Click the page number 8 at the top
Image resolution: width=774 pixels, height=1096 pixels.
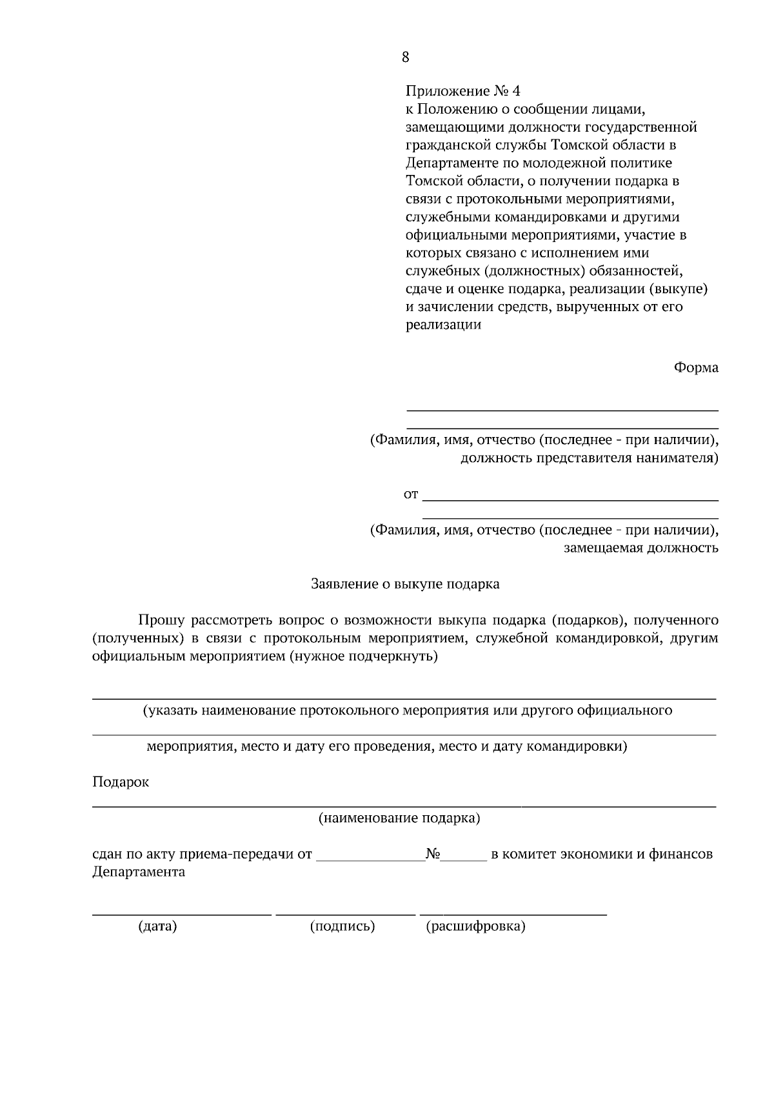[x=405, y=57]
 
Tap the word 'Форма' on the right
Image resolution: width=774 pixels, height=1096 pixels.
[x=696, y=368]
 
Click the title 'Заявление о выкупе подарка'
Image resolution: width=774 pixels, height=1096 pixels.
[x=405, y=584]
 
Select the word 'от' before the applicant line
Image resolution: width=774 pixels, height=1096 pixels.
[x=411, y=495]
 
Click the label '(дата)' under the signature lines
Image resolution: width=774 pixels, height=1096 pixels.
[x=157, y=927]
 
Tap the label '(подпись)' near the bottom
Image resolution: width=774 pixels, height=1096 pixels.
[x=342, y=927]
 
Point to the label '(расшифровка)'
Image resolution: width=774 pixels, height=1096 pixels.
[x=476, y=927]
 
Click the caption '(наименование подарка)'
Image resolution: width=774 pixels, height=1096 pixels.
[x=400, y=818]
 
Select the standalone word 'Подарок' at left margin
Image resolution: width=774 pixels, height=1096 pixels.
[x=121, y=782]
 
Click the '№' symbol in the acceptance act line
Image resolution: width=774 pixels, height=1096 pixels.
[x=433, y=854]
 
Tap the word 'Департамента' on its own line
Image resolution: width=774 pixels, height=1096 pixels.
[x=139, y=872]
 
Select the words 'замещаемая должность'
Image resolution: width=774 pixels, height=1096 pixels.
[x=640, y=549]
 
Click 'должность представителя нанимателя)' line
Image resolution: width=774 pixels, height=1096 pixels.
[x=589, y=458]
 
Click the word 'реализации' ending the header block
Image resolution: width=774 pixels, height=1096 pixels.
[x=443, y=325]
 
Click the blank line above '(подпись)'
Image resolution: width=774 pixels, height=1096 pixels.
[x=346, y=913]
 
